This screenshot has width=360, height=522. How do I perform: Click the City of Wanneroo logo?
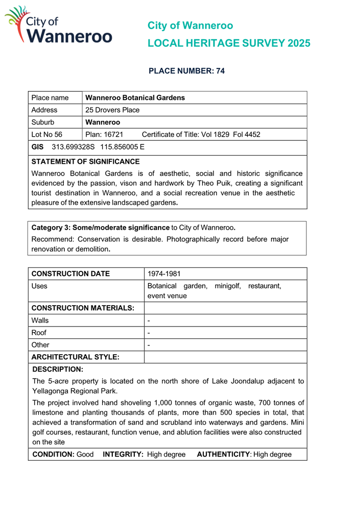pyautogui.click(x=58, y=26)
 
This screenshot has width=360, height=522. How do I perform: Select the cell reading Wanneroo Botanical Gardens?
pyautogui.click(x=135, y=97)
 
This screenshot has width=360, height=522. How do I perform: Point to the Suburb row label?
pyautogui.click(x=42, y=122)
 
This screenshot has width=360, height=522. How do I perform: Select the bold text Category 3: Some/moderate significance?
pyautogui.click(x=100, y=227)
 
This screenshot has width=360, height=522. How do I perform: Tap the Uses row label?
pyautogui.click(x=39, y=287)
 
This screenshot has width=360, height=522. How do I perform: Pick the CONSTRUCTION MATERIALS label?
pyautogui.click(x=83, y=308)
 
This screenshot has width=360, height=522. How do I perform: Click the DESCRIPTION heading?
pyautogui.click(x=58, y=368)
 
